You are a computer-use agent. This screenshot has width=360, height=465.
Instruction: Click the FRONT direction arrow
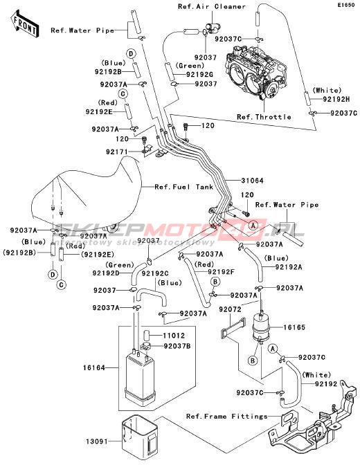(x=24, y=24)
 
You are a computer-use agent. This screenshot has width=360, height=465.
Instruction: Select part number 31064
(x=252, y=181)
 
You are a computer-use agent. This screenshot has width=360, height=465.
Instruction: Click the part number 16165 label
(x=294, y=327)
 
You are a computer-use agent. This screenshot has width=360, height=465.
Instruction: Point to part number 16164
(x=93, y=368)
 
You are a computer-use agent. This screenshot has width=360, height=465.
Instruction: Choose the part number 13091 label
(x=97, y=441)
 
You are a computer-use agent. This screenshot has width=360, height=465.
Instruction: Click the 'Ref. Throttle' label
(x=264, y=117)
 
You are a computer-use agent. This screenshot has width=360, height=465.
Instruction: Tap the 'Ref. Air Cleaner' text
(x=212, y=6)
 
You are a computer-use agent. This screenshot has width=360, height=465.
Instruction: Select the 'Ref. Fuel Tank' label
(x=184, y=187)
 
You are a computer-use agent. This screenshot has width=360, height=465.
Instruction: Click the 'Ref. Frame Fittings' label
(x=227, y=417)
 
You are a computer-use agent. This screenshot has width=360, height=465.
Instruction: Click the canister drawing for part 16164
(x=140, y=376)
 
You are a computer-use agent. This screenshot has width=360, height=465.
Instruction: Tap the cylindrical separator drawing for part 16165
(x=260, y=327)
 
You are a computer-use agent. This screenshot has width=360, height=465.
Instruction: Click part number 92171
(x=117, y=152)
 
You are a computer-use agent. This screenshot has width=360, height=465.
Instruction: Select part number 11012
(x=174, y=336)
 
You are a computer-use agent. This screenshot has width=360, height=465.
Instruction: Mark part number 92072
(x=231, y=309)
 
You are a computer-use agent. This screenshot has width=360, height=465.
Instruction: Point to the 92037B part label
(x=177, y=346)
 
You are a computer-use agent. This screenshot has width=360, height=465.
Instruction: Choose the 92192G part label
(x=200, y=74)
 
